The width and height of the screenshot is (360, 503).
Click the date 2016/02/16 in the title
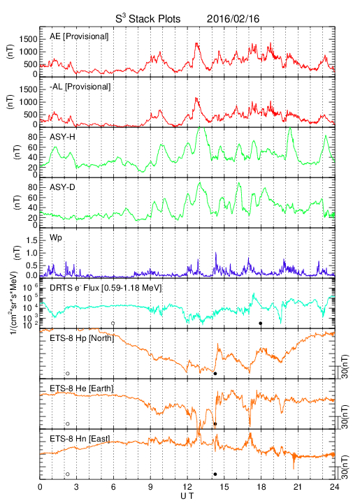coord(233,19)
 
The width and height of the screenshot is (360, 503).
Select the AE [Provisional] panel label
coord(79,36)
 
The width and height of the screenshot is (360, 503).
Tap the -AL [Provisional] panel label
coord(80,87)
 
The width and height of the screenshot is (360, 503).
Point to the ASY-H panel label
coord(62,137)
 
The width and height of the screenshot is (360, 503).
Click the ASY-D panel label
coord(62,187)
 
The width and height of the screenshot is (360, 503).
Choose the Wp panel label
coord(56,238)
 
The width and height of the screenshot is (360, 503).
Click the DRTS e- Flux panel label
coord(106,288)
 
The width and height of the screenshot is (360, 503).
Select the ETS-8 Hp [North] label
coord(82,338)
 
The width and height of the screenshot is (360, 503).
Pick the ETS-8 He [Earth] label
coord(82,388)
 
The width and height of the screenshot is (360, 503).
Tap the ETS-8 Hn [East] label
coord(80,439)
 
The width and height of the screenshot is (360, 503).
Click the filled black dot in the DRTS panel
coord(261,323)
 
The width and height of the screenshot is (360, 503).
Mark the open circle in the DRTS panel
coord(113,323)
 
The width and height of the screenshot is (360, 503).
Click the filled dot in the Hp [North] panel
coord(215,374)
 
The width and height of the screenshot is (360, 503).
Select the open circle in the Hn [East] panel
coord(68,474)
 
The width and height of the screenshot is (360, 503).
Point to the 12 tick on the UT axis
coord(187,487)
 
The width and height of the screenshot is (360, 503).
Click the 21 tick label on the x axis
coord(298,487)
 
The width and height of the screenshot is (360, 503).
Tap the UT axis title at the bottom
coord(187,496)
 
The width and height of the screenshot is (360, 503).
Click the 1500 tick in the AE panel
coord(28,39)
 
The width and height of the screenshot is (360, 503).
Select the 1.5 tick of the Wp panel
coord(31,241)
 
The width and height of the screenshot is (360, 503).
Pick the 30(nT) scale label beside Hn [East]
coord(345,467)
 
